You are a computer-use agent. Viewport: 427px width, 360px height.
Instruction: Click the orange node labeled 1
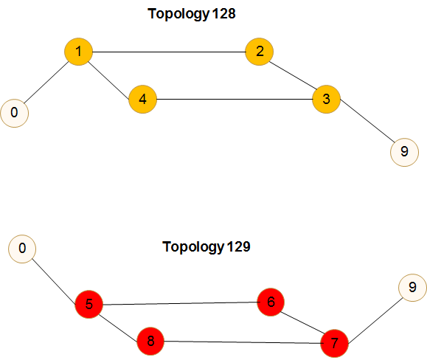tap(78, 52)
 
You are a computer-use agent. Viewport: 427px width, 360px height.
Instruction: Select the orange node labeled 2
tap(260, 52)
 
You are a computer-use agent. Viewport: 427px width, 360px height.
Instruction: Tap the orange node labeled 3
tap(326, 99)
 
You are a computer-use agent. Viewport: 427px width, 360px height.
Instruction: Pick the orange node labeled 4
tap(142, 99)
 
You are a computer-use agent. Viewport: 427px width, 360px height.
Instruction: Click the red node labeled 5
tap(89, 304)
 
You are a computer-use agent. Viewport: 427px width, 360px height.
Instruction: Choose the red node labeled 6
tap(271, 302)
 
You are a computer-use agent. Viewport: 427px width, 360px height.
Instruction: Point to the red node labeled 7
tap(334, 343)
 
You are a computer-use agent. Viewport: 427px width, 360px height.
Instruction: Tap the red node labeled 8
tap(150, 341)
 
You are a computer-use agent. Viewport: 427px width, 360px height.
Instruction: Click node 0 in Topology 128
tap(15, 113)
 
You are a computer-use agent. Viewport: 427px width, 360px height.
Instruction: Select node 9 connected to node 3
tap(404, 152)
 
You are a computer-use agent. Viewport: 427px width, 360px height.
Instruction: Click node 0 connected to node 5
tap(22, 249)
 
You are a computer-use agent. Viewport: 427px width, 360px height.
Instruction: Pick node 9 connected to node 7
tap(412, 288)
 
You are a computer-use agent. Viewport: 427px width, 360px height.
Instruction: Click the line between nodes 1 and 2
tap(169, 52)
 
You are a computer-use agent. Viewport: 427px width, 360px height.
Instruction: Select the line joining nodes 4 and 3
tap(235, 99)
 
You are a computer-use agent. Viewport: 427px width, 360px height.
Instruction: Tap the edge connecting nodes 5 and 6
tap(180, 303)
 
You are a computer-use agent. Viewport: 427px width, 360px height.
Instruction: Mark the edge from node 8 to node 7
tap(243, 342)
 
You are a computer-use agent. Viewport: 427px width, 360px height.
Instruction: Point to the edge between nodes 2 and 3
tap(293, 75)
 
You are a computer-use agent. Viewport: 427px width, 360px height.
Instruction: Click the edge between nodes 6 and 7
tap(302, 322)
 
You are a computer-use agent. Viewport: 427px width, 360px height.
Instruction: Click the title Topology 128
tap(192, 13)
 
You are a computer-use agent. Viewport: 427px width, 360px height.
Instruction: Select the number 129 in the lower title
tap(238, 246)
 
